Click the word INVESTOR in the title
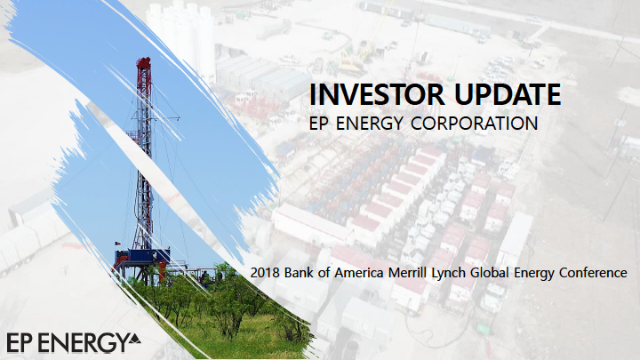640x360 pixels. pos(376,94)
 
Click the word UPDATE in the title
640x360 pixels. pos(508,94)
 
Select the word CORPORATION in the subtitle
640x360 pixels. pos(474,124)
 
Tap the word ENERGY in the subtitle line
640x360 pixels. pos(370,124)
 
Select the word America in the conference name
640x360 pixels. pos(359,273)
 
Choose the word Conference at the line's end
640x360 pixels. pos(593,273)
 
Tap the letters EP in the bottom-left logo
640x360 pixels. pos(20,342)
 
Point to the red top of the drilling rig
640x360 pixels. pos(143,64)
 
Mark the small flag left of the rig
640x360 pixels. pos(117,244)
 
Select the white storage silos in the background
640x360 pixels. pos(180,39)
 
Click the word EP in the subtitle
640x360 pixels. pos(319,124)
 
